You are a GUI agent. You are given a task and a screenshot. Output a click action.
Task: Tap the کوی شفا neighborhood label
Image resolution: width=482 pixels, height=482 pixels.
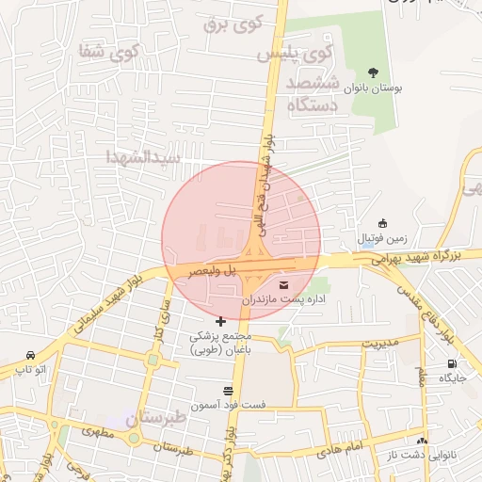pos(109,52)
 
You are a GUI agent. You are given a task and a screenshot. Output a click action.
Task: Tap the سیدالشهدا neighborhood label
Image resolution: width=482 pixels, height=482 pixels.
pos(142,156)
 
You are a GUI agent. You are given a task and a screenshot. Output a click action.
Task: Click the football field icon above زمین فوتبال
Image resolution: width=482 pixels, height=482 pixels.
pos(382,223)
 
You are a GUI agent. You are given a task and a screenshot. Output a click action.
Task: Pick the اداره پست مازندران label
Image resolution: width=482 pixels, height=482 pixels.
pos(283,300)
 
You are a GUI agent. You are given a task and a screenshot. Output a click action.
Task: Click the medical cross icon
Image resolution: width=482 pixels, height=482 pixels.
pos(221,322)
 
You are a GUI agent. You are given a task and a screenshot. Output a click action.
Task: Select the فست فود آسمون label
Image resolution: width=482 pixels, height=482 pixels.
pos(228,406)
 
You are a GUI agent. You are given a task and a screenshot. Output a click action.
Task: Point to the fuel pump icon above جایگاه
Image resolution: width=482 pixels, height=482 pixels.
pos(453,364)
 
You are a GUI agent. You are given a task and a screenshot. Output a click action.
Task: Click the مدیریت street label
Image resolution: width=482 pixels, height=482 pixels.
pos(380,341)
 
